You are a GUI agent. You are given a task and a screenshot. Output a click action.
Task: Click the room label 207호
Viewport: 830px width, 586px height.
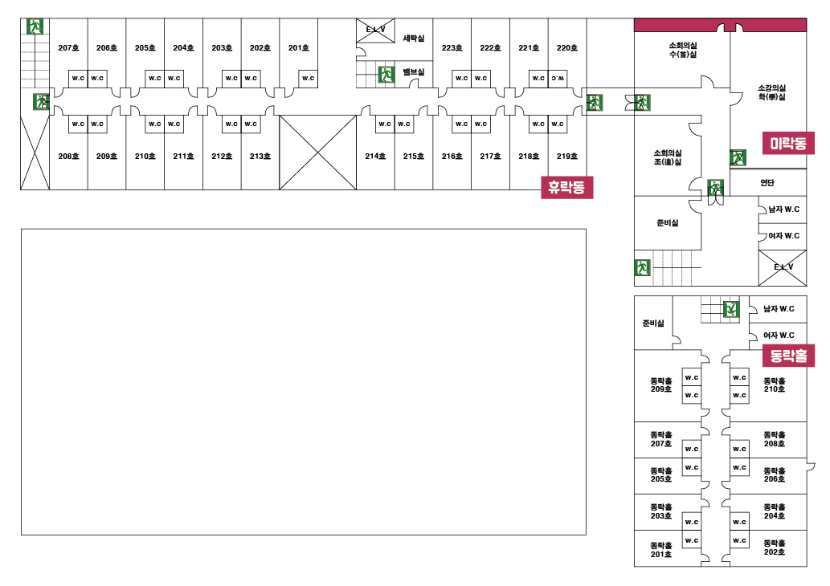(68, 48)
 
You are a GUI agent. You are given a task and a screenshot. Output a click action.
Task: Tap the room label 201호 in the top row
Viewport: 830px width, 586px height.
(299, 48)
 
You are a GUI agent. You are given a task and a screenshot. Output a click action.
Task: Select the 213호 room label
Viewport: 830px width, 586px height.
(260, 157)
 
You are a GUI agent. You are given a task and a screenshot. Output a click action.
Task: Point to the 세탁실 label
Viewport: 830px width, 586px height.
(414, 38)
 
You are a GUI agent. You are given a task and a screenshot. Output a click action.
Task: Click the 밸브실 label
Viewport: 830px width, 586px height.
(414, 72)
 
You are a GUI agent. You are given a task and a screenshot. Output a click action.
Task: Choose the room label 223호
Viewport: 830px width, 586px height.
(452, 48)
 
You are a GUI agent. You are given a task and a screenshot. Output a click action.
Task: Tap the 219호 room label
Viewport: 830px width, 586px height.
(567, 157)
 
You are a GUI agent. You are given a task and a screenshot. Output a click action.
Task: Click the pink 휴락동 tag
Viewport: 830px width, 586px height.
(567, 188)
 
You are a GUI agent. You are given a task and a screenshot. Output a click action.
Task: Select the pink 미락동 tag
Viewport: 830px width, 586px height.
(788, 144)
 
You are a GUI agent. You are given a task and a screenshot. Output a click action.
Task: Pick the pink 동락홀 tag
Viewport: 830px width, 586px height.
(788, 355)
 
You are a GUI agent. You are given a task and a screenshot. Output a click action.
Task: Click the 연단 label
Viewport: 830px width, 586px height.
(767, 183)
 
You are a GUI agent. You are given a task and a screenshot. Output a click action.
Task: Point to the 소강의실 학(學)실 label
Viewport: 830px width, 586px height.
(771, 92)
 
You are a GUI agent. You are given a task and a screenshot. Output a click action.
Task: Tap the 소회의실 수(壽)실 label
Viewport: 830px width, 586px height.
(682, 50)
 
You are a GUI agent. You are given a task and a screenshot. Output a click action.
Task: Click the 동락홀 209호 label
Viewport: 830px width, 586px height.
(661, 385)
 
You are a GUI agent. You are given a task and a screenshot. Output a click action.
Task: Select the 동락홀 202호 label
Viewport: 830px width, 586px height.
(775, 547)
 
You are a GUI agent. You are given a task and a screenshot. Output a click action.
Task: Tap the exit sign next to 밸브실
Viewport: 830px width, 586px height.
(386, 75)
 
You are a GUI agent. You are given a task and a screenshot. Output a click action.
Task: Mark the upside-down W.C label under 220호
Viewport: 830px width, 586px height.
(558, 78)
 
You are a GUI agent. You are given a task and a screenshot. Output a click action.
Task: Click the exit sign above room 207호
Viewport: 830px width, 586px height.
(35, 26)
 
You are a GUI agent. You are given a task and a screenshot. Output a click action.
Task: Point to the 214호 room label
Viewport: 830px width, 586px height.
(375, 157)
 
